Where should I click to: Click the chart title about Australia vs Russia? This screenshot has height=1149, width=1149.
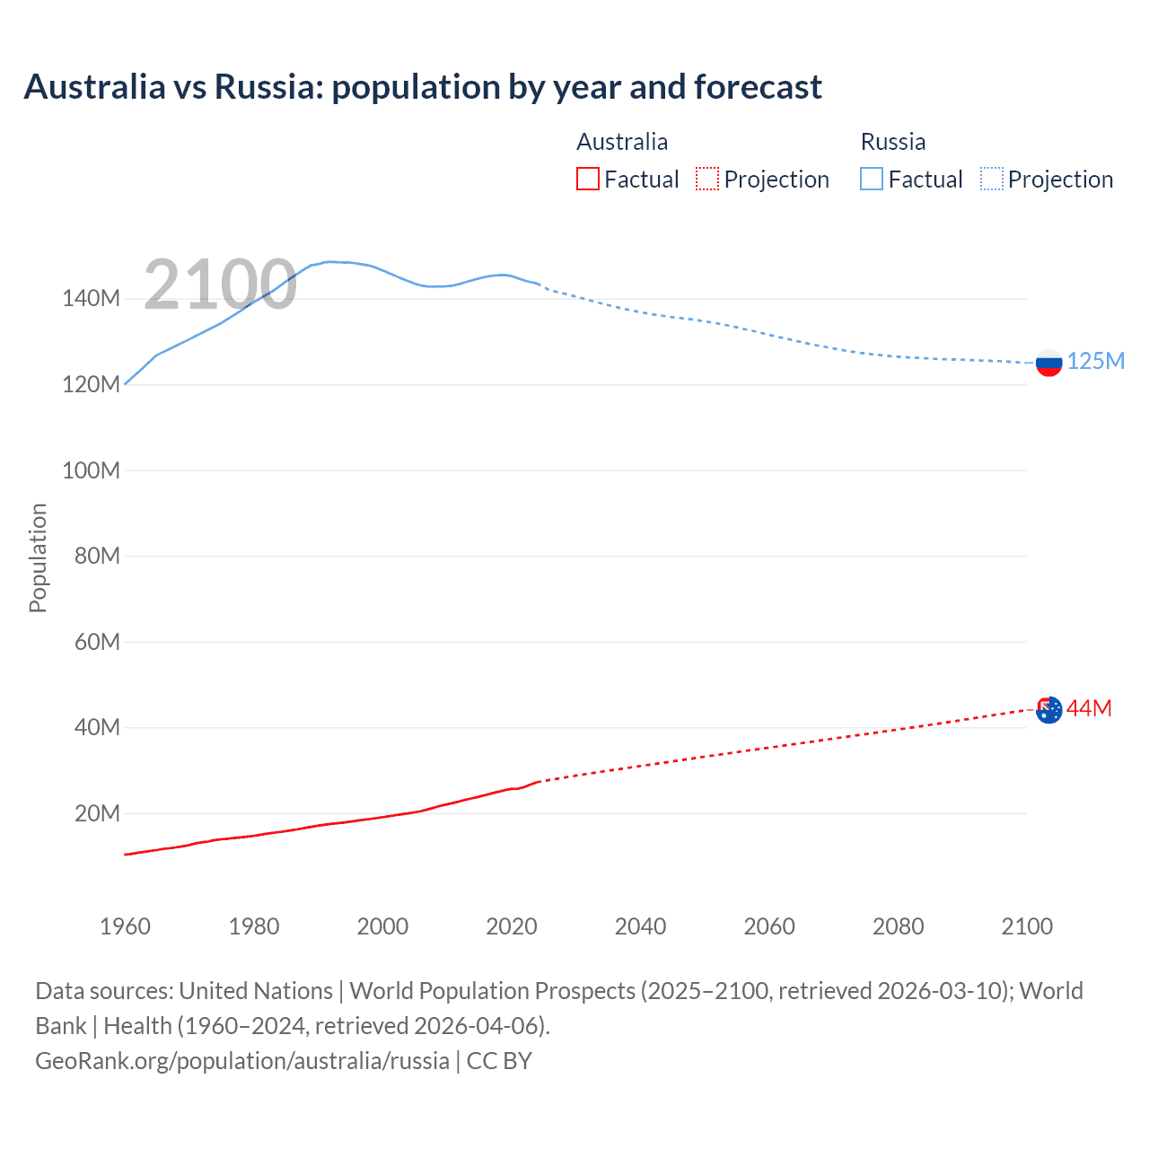pyautogui.click(x=422, y=87)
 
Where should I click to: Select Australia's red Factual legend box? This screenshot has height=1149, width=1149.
pyautogui.click(x=588, y=179)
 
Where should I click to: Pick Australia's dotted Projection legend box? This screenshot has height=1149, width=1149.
pyautogui.click(x=707, y=179)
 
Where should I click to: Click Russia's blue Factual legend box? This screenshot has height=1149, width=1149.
pyautogui.click(x=872, y=179)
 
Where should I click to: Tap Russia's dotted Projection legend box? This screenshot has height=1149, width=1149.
pyautogui.click(x=991, y=179)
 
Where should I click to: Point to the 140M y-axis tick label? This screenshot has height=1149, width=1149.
pyautogui.click(x=91, y=299)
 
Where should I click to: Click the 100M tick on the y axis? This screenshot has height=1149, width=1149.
pyautogui.click(x=91, y=470)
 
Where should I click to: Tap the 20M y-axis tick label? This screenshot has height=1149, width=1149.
pyautogui.click(x=96, y=813)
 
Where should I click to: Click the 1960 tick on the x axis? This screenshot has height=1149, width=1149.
pyautogui.click(x=125, y=926)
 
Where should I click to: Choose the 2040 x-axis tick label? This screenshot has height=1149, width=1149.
pyautogui.click(x=640, y=926)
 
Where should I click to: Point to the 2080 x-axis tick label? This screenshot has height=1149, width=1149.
pyautogui.click(x=898, y=926)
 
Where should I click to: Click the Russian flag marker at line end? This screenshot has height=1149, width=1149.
pyautogui.click(x=1048, y=363)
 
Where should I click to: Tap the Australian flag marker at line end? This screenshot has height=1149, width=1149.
pyautogui.click(x=1048, y=709)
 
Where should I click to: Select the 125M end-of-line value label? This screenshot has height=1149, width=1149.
pyautogui.click(x=1095, y=361)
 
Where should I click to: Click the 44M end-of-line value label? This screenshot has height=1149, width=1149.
pyautogui.click(x=1089, y=708)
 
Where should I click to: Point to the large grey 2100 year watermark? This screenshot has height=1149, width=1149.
pyautogui.click(x=220, y=285)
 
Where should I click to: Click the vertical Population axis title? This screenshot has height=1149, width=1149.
pyautogui.click(x=38, y=557)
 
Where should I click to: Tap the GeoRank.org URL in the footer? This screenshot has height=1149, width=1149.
pyautogui.click(x=242, y=1061)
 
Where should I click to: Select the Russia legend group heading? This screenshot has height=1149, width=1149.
pyautogui.click(x=892, y=142)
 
